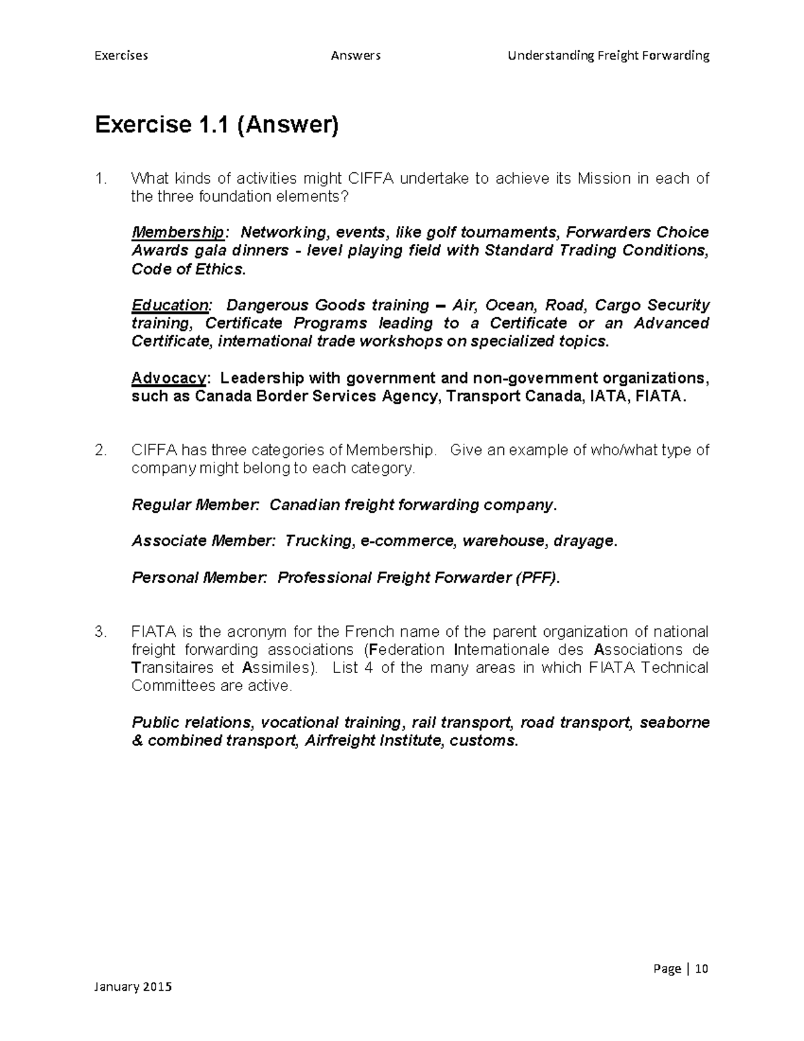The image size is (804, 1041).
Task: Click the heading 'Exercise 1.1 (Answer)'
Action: coord(216,125)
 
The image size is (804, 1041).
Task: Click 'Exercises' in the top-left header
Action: coord(121,56)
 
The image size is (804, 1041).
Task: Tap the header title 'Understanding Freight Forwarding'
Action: coord(608,56)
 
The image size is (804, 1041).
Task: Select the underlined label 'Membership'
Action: coord(178,233)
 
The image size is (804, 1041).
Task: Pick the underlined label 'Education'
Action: coord(170,306)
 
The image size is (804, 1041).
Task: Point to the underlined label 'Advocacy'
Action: coord(168,378)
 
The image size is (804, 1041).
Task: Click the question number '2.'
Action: coord(101,450)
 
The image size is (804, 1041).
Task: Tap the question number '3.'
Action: coord(101,632)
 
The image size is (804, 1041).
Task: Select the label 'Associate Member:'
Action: coord(203,541)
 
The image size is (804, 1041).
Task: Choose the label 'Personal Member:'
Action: coord(199,578)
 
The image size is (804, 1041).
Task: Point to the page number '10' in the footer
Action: coord(701,969)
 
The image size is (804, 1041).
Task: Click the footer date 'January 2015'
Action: coord(133,987)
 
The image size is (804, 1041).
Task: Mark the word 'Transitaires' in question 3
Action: coord(170,668)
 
